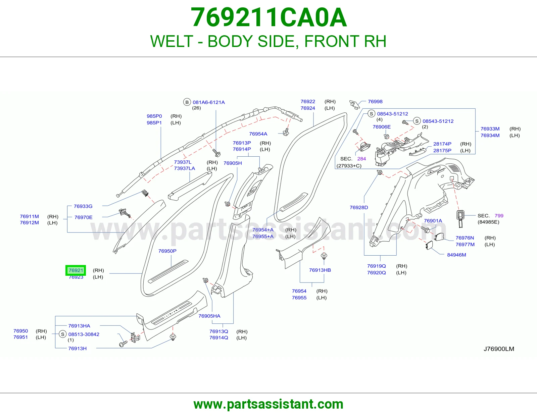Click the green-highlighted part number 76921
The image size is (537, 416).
click(x=76, y=270)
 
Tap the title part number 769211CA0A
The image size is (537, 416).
click(x=269, y=17)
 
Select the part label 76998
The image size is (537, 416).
click(x=375, y=102)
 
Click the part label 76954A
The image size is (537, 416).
click(x=258, y=134)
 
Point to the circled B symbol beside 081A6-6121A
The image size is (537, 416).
click(x=187, y=102)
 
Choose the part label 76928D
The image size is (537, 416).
click(x=359, y=208)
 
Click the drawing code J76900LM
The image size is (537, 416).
click(x=499, y=349)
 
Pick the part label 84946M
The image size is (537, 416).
click(x=457, y=255)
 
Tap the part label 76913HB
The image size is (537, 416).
click(x=320, y=270)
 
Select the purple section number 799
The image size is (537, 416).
click(x=499, y=216)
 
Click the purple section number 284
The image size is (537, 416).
click(x=361, y=159)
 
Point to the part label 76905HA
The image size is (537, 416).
click(x=209, y=316)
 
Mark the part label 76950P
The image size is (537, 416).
click(x=167, y=251)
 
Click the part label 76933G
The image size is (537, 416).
click(x=83, y=206)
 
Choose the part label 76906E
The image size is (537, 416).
click(x=382, y=127)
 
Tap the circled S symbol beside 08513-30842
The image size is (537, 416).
click(x=62, y=334)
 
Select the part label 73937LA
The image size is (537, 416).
click(x=185, y=168)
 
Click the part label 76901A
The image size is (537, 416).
click(x=433, y=221)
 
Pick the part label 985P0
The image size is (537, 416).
click(x=154, y=116)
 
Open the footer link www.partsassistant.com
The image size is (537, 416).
click(x=268, y=404)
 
